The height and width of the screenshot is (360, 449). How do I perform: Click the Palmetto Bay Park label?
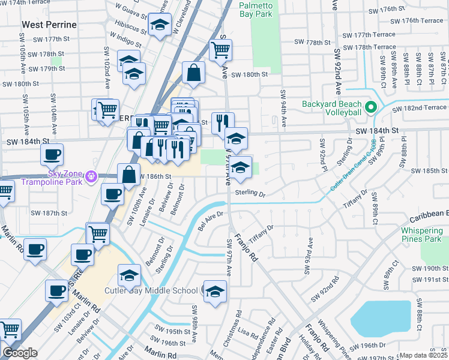[x=256, y=10]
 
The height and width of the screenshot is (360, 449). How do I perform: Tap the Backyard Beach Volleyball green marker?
[x=371, y=108]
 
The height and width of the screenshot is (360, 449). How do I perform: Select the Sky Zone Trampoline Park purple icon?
[x=91, y=176]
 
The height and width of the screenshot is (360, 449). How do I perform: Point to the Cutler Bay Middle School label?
[x=151, y=291]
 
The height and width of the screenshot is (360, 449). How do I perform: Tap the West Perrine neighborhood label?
[x=49, y=25]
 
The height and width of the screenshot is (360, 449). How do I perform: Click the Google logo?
[x=20, y=353]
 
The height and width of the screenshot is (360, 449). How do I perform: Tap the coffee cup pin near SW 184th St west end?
[x=52, y=154]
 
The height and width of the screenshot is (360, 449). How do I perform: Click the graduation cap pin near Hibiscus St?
[x=160, y=25]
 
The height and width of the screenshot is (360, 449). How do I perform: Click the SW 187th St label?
[x=50, y=213]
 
